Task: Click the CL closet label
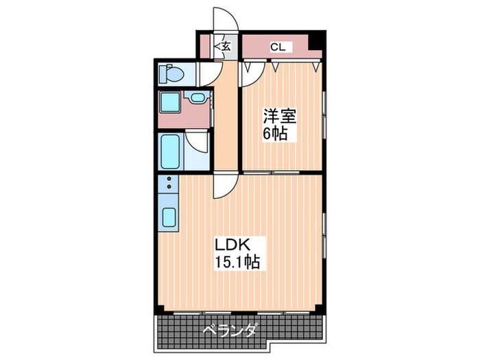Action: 278,47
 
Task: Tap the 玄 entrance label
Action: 226,47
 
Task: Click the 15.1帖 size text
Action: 236,261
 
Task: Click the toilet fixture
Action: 169,72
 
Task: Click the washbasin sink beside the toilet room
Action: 197,98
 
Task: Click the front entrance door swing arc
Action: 224,20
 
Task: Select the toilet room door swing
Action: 206,74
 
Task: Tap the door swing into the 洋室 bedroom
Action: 250,74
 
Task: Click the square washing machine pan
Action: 169,103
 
